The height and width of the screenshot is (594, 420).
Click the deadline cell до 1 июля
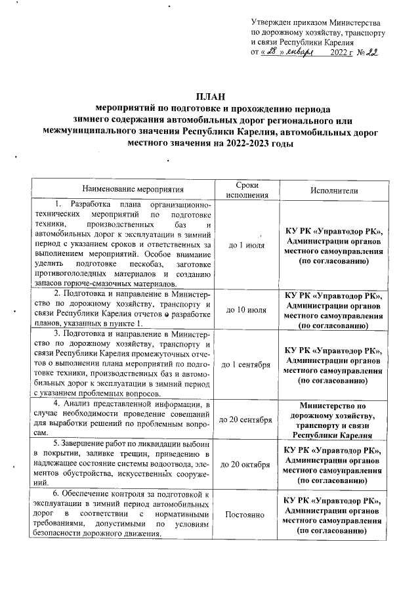tap(247, 245)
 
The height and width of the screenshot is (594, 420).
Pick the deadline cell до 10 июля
tap(247, 309)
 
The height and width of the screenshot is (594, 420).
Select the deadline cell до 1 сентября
tap(247, 364)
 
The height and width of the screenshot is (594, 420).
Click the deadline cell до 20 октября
tap(247, 464)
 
